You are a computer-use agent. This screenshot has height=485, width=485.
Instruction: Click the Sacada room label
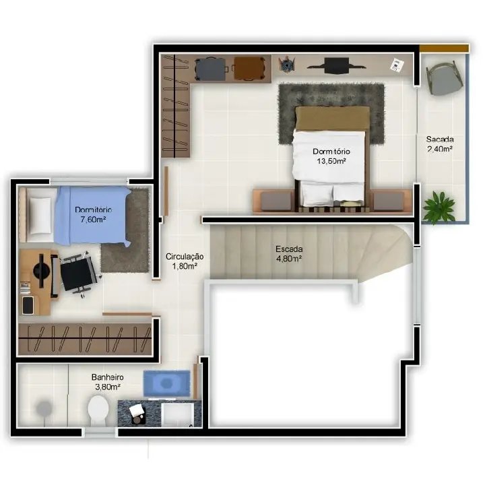[x=439, y=139]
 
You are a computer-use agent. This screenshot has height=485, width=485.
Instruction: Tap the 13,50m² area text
[x=331, y=161]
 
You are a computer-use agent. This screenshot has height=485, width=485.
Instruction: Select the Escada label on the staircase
[x=289, y=249]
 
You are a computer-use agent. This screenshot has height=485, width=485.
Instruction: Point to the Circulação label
[x=185, y=257]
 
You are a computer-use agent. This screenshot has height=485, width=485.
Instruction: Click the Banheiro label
[x=107, y=377]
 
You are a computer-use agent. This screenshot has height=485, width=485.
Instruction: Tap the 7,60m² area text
[x=93, y=220]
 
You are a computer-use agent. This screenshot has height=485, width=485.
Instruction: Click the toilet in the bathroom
[x=98, y=410]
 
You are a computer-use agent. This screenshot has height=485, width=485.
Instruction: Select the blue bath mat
[x=167, y=383]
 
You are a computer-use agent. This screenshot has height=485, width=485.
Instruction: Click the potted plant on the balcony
[x=439, y=206]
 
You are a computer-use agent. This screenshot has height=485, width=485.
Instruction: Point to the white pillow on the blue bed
[x=40, y=216]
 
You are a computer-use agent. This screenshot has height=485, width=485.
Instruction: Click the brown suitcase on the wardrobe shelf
[x=249, y=68]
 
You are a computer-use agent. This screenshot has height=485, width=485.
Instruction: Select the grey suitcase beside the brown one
[x=211, y=69]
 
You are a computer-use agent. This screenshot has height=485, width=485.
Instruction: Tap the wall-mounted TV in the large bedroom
[x=337, y=65]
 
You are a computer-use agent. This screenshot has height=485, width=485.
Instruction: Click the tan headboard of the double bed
[x=333, y=118]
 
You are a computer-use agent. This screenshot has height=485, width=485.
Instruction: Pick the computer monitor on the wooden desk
[x=42, y=271]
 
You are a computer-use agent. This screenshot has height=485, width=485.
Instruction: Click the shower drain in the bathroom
[x=44, y=409]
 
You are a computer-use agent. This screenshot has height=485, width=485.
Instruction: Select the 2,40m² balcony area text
[x=439, y=149]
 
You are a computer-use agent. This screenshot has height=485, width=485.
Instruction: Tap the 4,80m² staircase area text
[x=289, y=259]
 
